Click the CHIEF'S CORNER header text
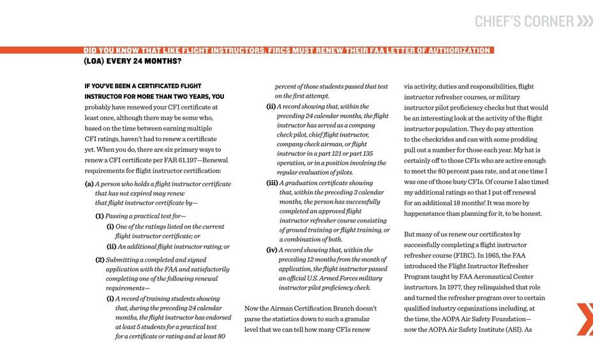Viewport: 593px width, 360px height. [523, 22]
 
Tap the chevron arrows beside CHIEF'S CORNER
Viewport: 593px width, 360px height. [584, 22]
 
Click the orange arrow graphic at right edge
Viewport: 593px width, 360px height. [585, 319]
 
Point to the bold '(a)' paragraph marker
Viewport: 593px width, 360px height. [89, 184]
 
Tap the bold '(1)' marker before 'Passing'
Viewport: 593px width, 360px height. [100, 216]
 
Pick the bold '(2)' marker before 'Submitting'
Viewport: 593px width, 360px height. [100, 260]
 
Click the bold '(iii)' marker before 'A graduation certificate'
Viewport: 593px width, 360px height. [272, 183]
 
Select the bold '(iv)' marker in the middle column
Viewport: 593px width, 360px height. [271, 250]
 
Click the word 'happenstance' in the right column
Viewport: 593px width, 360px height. [427, 213]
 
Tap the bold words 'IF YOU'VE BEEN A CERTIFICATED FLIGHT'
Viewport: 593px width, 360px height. [143, 86]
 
